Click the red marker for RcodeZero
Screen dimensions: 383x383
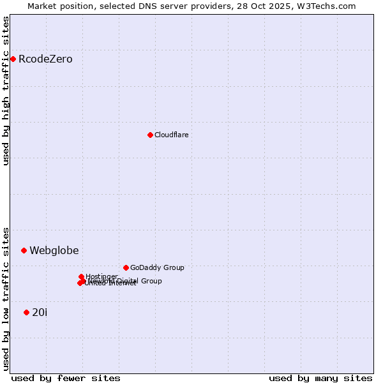tap(13, 59)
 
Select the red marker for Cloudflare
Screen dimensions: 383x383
tap(150, 135)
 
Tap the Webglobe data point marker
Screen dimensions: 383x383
tap(24, 250)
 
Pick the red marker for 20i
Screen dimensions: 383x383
tap(26, 312)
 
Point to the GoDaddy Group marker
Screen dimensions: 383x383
tap(126, 267)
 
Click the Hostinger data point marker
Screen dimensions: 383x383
tap(81, 276)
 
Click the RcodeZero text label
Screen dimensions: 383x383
tap(45, 59)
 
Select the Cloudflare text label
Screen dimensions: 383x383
tap(171, 135)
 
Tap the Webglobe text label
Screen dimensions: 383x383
tap(54, 250)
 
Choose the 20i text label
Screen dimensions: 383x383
tap(40, 312)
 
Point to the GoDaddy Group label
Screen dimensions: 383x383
tap(157, 267)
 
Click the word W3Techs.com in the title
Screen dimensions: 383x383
tap(327, 6)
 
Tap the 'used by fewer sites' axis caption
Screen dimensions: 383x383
tap(66, 378)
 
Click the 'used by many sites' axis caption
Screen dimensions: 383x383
tap(320, 378)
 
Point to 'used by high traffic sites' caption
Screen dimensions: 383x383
tap(6, 91)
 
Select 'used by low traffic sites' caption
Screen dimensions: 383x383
tap(6, 298)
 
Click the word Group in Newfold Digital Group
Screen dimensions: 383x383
tap(151, 281)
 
